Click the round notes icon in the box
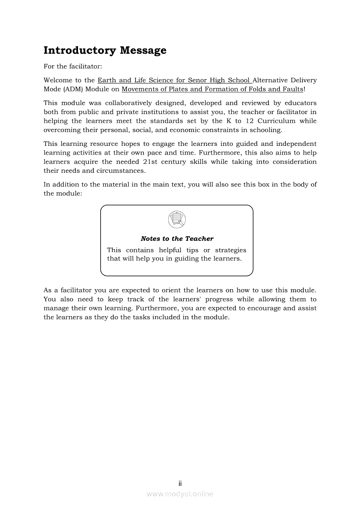pyautogui.click(x=177, y=219)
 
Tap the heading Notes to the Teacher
pyautogui.click(x=177, y=239)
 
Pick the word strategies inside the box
pyautogui.click(x=231, y=250)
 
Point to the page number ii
pyautogui.click(x=180, y=483)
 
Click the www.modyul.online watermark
pyautogui.click(x=180, y=494)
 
